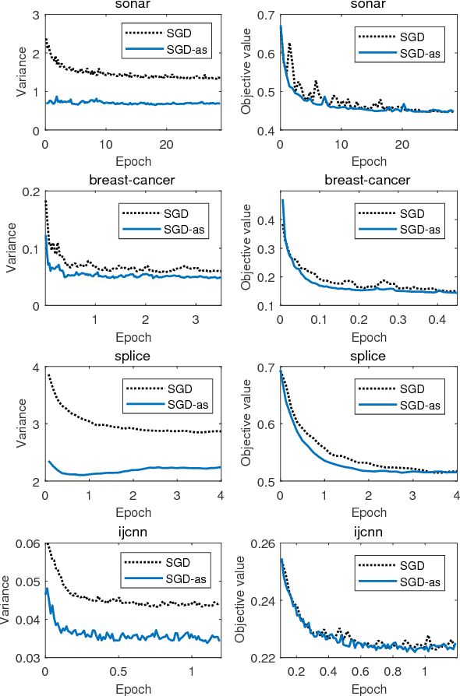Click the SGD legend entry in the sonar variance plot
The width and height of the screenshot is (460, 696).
click(x=182, y=31)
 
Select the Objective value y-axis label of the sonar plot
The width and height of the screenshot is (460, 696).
click(x=246, y=72)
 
